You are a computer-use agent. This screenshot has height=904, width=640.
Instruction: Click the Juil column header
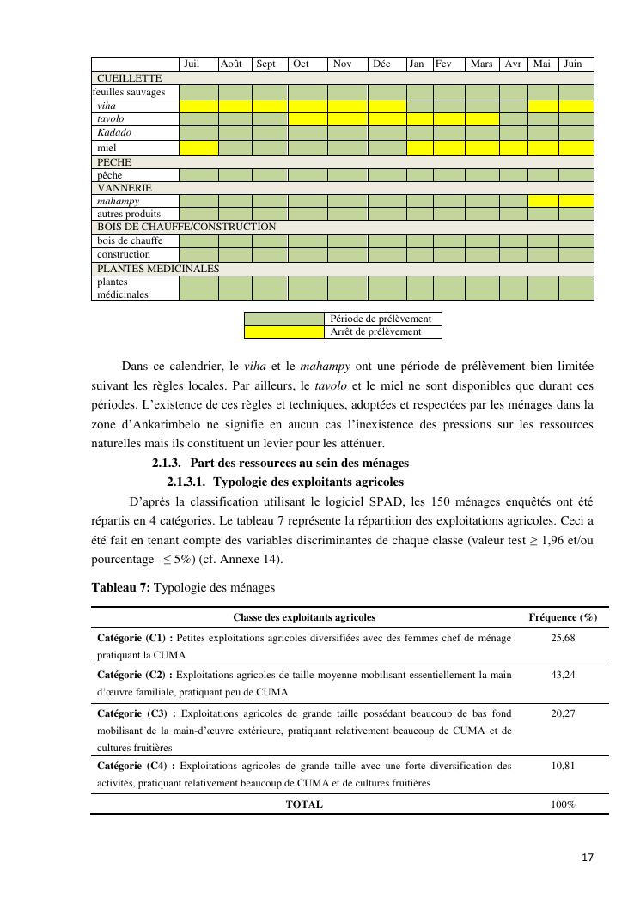click(192, 64)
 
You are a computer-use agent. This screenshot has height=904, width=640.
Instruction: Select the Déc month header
click(381, 64)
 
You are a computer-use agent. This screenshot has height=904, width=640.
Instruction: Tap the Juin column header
click(573, 64)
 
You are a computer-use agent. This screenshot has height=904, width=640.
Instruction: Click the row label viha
click(107, 106)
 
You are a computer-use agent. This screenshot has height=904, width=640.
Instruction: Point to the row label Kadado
click(112, 133)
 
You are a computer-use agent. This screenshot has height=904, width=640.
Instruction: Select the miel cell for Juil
click(198, 148)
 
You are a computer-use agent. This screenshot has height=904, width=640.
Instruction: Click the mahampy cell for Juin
click(576, 201)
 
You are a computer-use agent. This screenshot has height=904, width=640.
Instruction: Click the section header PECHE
click(114, 161)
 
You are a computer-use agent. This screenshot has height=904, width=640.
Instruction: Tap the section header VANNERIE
click(125, 187)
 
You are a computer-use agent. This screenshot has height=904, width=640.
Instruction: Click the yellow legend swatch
click(285, 331)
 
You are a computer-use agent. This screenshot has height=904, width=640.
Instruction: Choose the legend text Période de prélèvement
click(381, 319)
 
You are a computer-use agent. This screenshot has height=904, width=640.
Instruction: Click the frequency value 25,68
click(563, 639)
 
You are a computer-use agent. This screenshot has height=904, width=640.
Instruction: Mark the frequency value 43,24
click(563, 675)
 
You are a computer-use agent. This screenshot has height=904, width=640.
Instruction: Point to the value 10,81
click(563, 765)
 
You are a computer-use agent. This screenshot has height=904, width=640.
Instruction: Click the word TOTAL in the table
click(304, 804)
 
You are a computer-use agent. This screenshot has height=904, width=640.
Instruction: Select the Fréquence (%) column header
click(563, 617)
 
